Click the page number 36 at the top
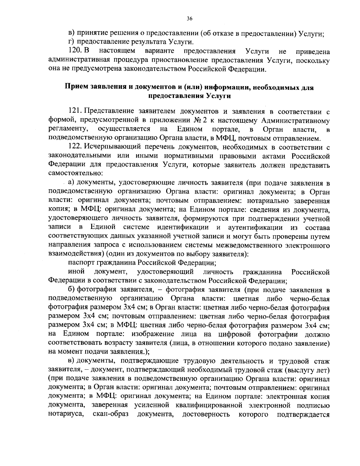tap(189, 19)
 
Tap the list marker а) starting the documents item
tap(71, 183)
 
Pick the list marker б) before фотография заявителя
tap(71, 290)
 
